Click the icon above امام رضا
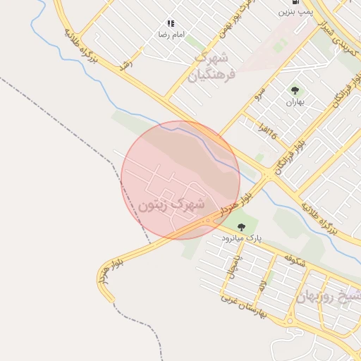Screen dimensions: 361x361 click(171, 23)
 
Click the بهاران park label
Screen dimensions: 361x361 click(294, 102)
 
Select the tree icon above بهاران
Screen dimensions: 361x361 click(294, 90)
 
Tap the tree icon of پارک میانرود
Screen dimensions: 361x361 click(242, 227)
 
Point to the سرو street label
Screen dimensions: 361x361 click(259, 92)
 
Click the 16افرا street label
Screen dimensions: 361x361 click(264, 131)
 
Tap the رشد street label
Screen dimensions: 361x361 click(127, 62)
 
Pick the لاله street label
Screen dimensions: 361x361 click(262, 284)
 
